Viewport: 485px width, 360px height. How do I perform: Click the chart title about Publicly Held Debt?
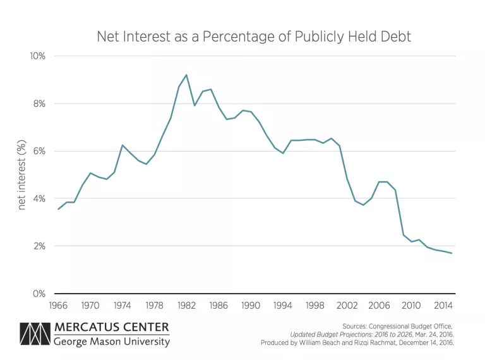pos(253,36)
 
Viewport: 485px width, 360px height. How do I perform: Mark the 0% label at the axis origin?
pos(39,294)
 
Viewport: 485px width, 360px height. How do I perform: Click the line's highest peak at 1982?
pos(186,75)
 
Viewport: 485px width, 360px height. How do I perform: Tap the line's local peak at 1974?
pos(123,145)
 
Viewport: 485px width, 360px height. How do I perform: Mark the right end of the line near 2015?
pos(452,253)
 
